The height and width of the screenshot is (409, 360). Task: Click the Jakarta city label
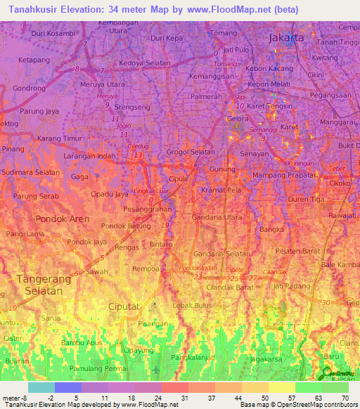pyautogui.click(x=287, y=38)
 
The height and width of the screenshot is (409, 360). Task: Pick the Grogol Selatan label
pyautogui.click(x=190, y=152)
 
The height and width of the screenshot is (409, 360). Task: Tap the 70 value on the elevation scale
pyautogui.click(x=345, y=397)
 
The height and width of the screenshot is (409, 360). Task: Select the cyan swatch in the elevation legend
pyautogui.click(x=41, y=387)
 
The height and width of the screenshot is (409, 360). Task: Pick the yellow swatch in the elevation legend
pyautogui.click(x=281, y=387)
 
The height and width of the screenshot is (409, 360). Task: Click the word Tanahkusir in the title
pyautogui.click(x=39, y=10)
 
